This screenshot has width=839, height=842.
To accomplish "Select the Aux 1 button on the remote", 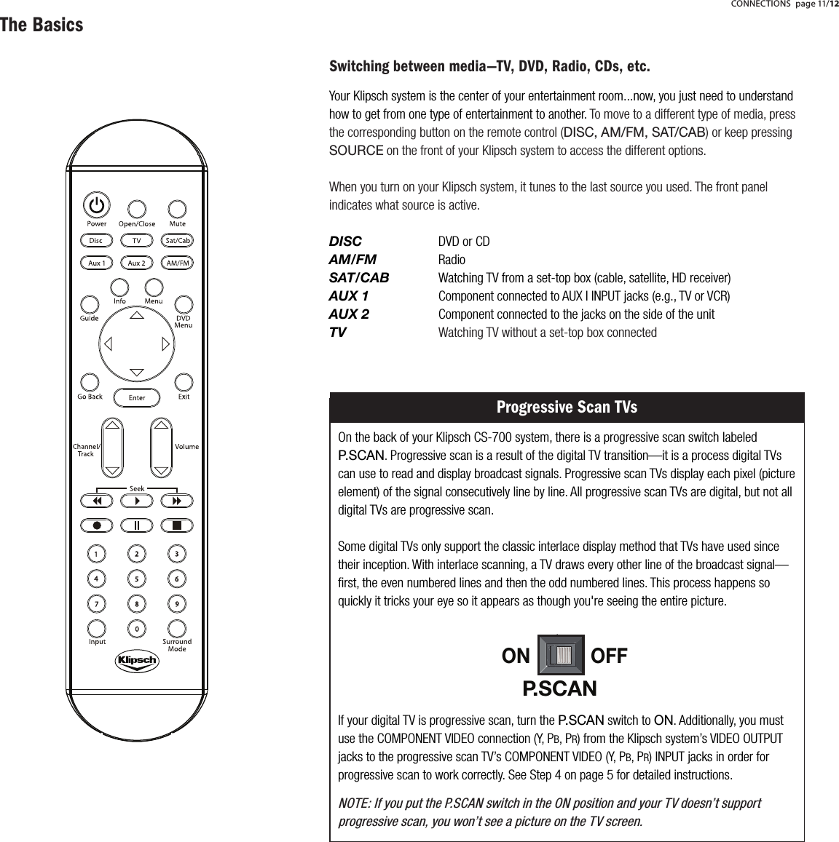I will click(x=97, y=263).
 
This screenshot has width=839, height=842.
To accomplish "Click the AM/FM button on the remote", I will click(x=178, y=263).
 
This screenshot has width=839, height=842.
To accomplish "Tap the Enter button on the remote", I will click(x=137, y=397).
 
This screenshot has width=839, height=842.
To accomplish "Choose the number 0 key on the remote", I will click(x=136, y=627).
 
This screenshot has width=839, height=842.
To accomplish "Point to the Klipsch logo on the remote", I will click(x=136, y=661).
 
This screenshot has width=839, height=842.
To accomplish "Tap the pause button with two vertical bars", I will click(x=137, y=525).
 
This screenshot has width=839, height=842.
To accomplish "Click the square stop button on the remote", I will click(x=177, y=525).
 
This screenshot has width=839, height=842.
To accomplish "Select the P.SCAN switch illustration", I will click(x=560, y=655).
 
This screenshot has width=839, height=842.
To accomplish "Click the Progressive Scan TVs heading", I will click(x=567, y=407).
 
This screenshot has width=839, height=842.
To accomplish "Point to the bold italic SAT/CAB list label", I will click(x=359, y=278).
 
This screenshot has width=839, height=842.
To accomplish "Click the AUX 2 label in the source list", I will click(x=349, y=314).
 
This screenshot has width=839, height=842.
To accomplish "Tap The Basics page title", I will click(x=42, y=25).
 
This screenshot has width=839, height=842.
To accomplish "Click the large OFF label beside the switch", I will click(x=609, y=656).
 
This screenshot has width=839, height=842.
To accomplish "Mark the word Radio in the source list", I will click(x=452, y=260).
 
